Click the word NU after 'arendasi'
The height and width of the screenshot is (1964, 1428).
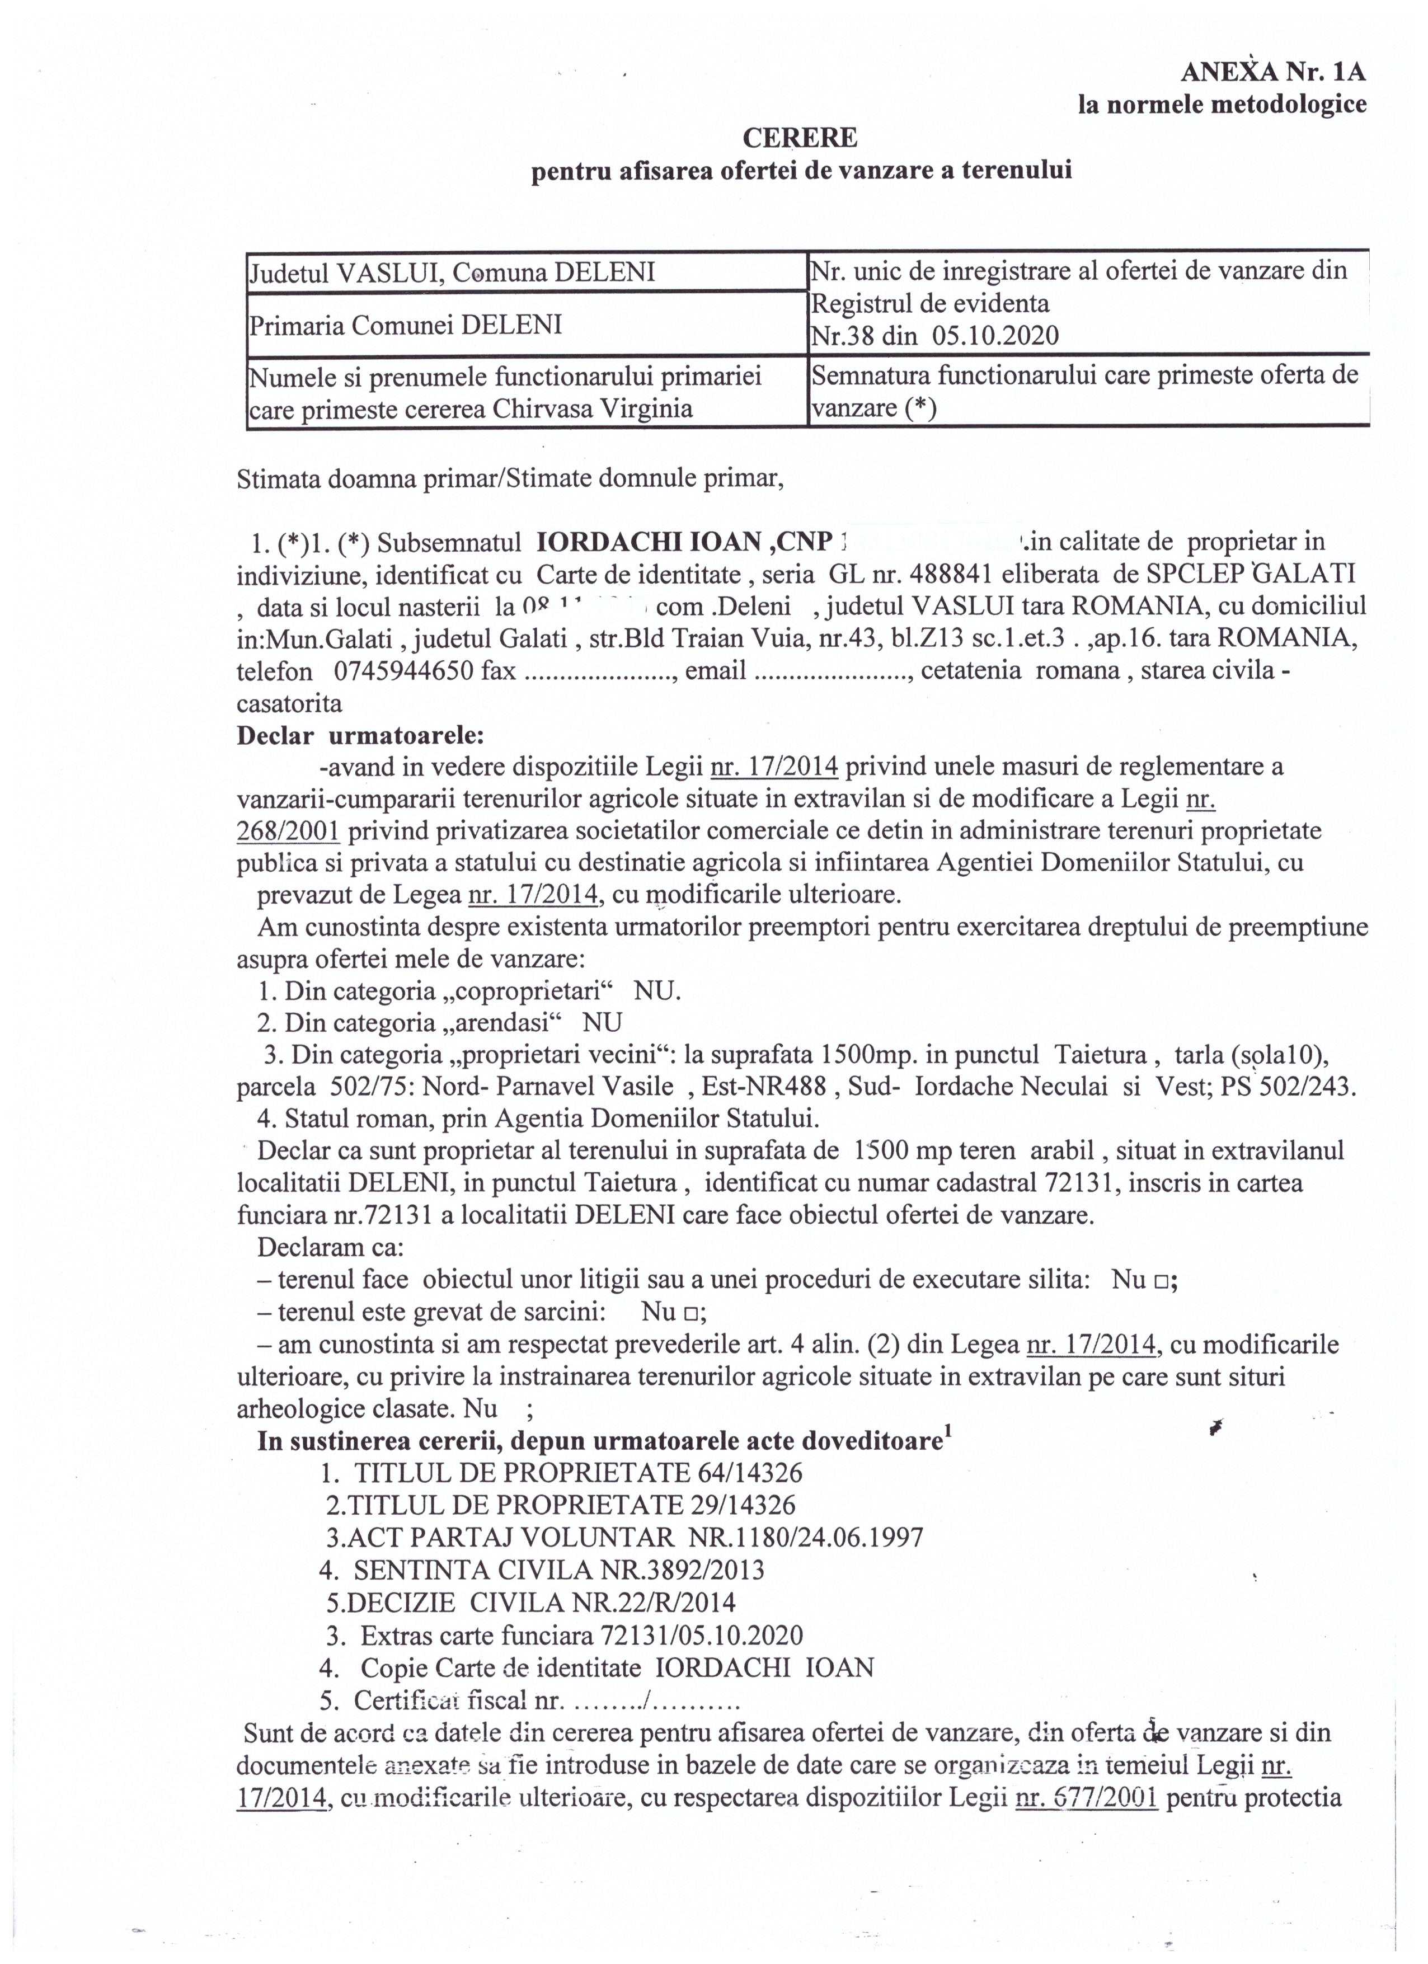point(602,1023)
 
